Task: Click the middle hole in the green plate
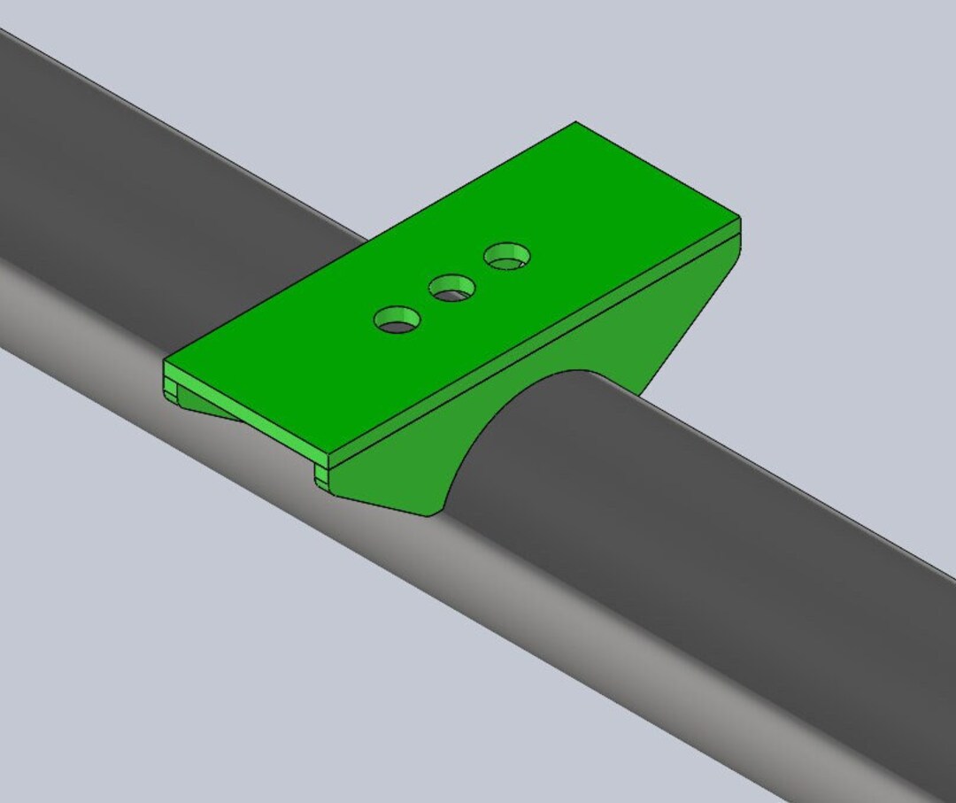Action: [452, 287]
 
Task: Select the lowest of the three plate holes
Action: [397, 320]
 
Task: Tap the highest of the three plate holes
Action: [507, 257]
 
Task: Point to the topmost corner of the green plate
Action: [575, 123]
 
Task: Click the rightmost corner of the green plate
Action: [739, 218]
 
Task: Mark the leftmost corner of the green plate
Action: [165, 361]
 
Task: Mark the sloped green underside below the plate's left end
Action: [212, 407]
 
